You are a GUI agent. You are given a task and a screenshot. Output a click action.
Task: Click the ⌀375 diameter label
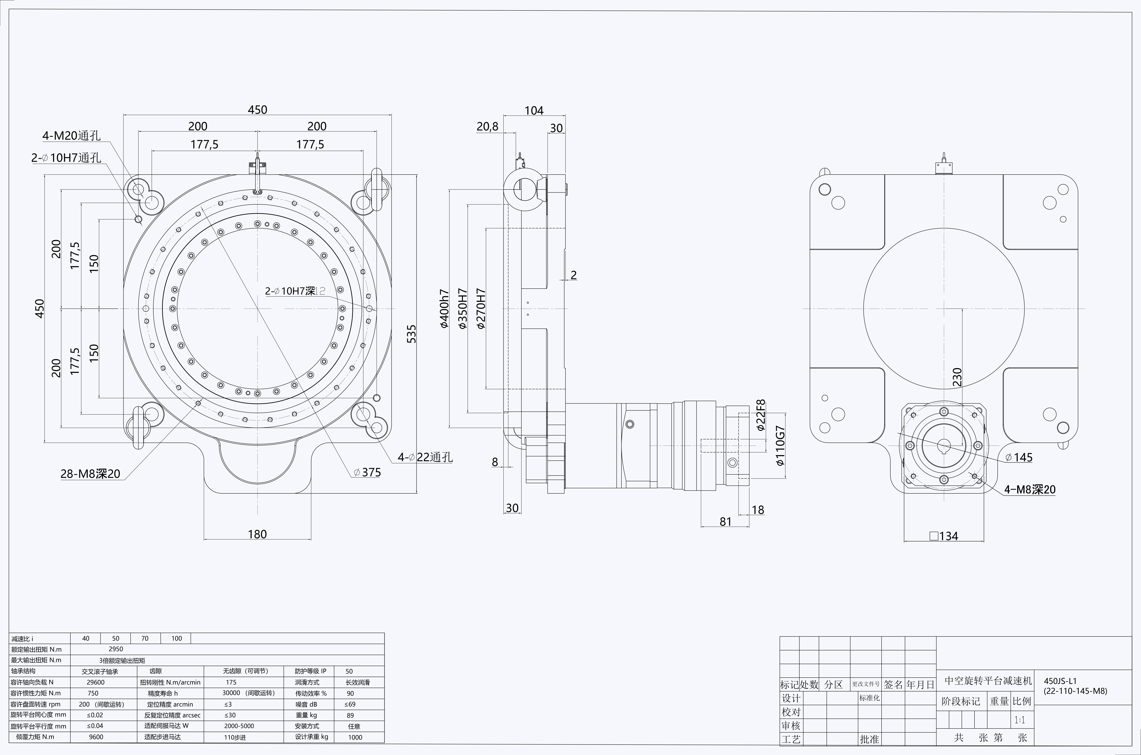coord(367,472)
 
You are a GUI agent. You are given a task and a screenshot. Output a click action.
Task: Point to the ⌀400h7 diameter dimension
coord(444,309)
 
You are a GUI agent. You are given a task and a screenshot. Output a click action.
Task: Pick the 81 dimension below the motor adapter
coord(726,521)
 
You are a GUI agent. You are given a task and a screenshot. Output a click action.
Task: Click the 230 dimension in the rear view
coord(957,377)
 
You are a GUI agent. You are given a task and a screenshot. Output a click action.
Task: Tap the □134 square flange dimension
coord(944,536)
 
